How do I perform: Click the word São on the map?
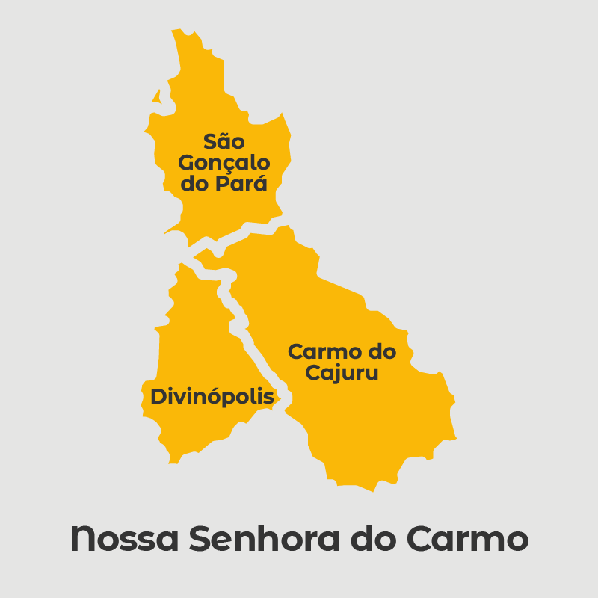tap(224, 141)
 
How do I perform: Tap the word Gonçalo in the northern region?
tap(224, 163)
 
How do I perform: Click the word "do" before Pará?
tap(196, 184)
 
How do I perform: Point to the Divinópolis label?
tap(212, 397)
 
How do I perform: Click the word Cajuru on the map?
tap(342, 372)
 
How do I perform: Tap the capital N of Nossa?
tap(82, 540)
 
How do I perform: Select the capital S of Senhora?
tap(200, 540)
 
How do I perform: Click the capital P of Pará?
tap(223, 184)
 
